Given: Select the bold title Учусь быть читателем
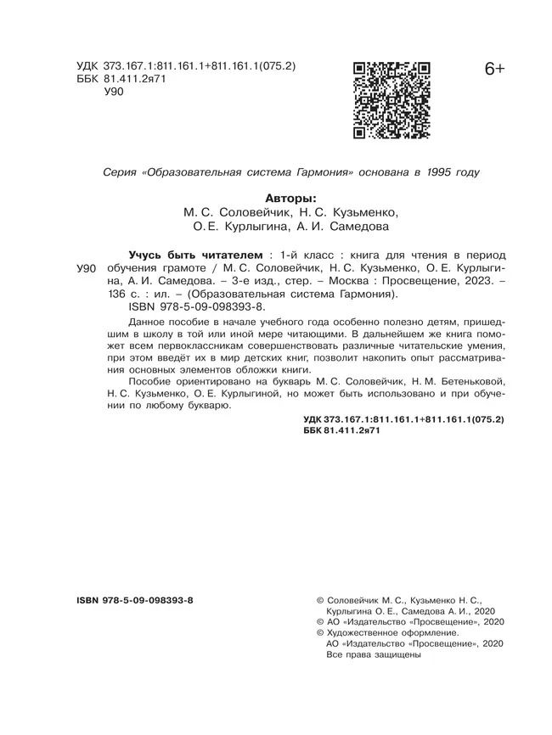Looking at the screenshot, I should (x=194, y=254).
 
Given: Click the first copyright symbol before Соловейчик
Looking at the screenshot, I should (x=319, y=600).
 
